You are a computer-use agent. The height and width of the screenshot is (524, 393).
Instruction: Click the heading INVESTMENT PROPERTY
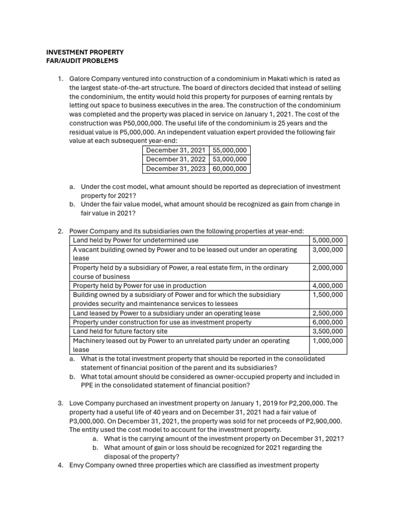84,52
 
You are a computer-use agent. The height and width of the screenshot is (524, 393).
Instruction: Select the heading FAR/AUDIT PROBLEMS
82,61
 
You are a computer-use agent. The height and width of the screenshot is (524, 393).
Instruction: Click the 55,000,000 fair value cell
229,150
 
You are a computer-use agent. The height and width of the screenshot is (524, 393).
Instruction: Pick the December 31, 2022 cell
176,159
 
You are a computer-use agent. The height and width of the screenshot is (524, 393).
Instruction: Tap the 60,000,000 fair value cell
229,168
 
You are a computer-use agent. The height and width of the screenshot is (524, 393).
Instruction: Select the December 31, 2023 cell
176,168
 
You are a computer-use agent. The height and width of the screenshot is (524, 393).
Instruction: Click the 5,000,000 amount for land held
329,240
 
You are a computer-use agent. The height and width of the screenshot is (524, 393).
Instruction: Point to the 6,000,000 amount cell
329,322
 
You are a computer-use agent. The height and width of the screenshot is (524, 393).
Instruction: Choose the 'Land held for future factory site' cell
121,331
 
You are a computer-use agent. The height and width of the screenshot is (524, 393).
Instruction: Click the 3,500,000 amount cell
329,331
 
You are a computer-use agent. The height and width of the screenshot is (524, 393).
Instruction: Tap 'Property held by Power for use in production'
139,286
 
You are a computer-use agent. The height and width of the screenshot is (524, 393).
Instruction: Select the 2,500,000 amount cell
329,313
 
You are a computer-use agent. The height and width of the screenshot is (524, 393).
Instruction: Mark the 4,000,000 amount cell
329,286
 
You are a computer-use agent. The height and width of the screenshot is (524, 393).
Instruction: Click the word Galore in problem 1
80,79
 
